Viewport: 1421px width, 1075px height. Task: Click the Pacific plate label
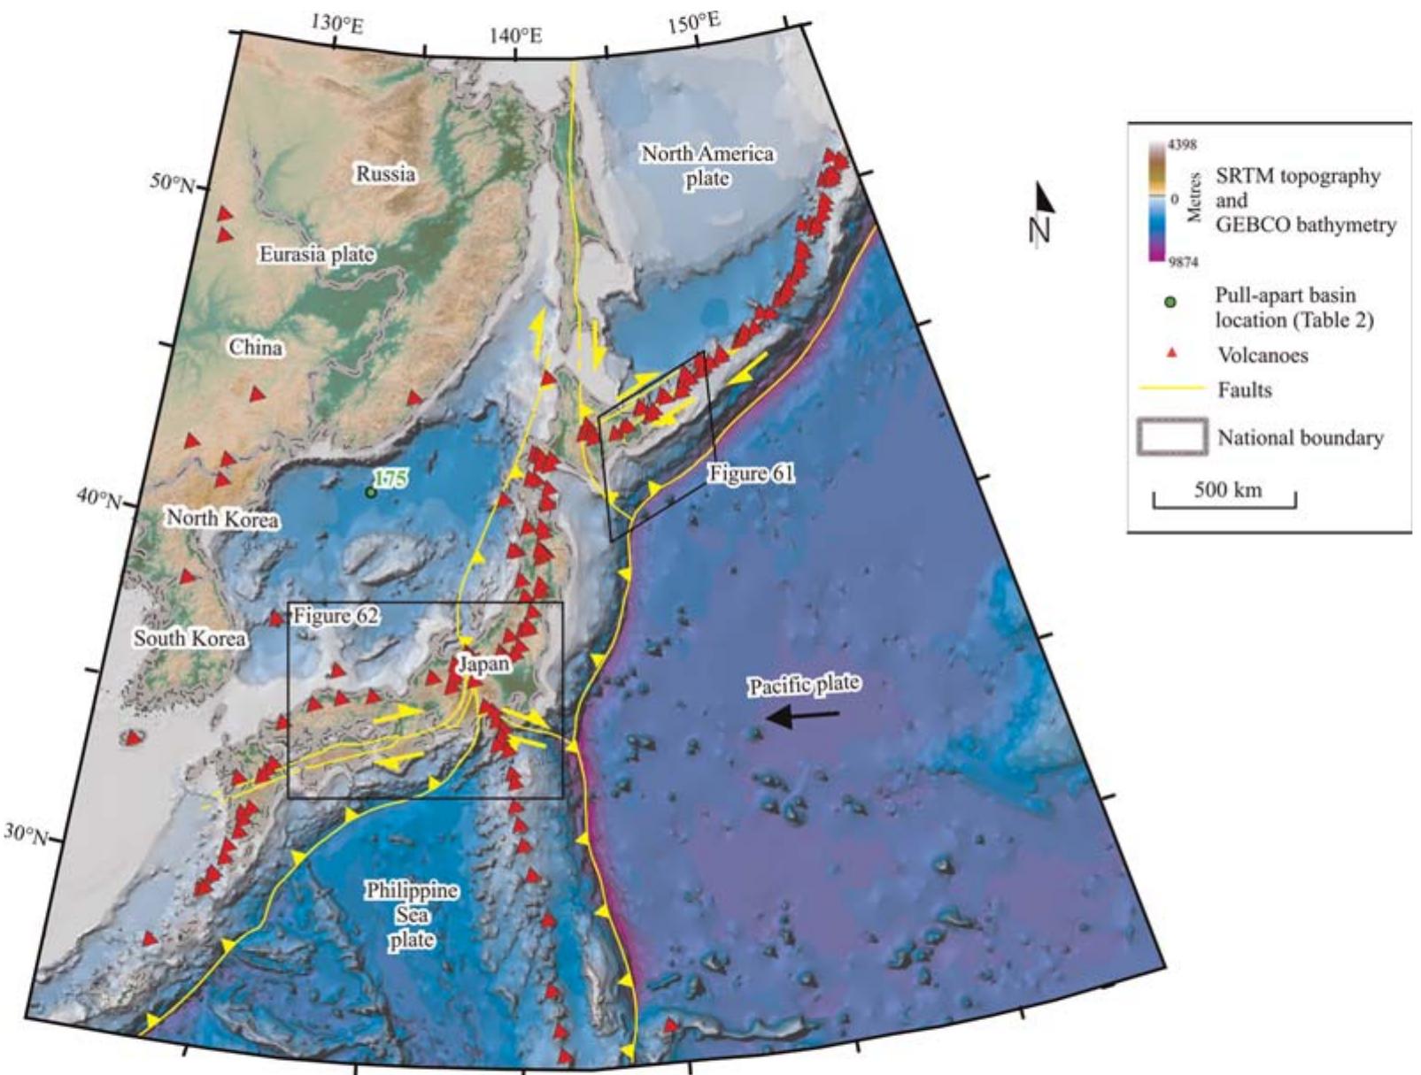[803, 685]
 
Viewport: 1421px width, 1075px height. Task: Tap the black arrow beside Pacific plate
[802, 718]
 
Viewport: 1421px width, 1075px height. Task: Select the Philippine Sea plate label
[413, 914]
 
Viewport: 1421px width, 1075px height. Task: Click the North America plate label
[707, 165]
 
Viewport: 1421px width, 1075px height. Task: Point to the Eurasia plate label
[316, 255]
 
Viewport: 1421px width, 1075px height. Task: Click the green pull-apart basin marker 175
[370, 492]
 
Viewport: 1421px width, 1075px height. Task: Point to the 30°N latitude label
[27, 834]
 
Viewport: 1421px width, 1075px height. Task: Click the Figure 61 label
[750, 474]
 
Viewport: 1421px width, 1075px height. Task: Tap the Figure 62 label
[336, 616]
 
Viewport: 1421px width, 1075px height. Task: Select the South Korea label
[189, 638]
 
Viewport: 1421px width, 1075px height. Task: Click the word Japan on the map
[483, 664]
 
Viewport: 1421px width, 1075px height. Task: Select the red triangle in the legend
[1170, 355]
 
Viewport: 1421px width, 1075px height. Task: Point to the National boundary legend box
[1171, 437]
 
